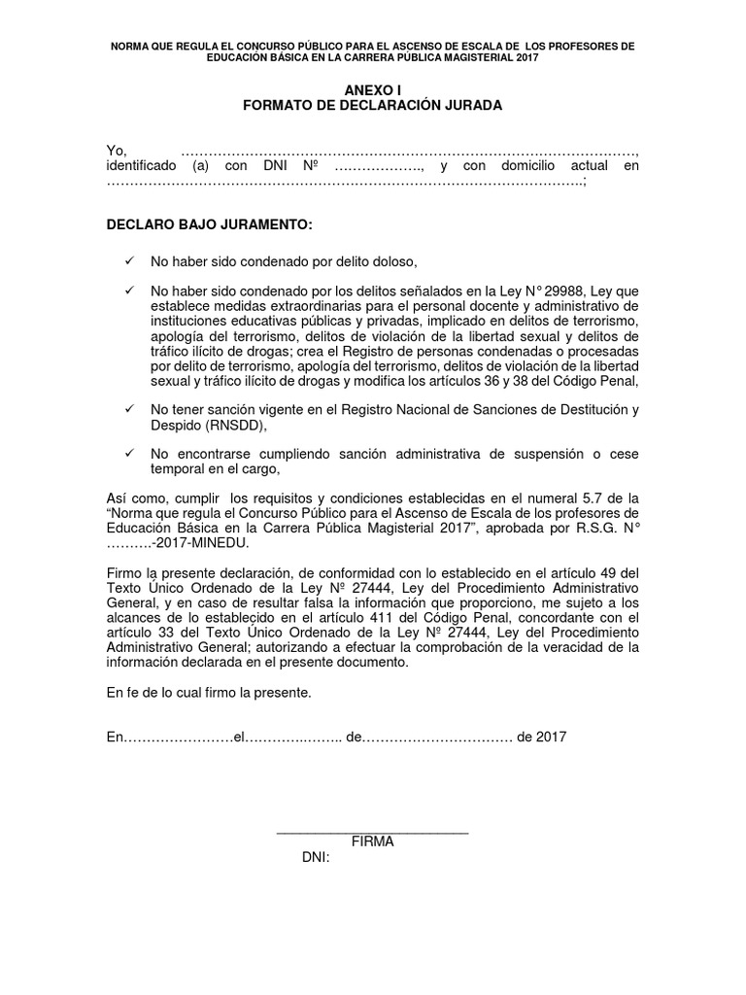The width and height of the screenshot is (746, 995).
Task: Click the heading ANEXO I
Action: pos(372,89)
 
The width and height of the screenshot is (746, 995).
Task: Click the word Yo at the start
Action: pos(116,150)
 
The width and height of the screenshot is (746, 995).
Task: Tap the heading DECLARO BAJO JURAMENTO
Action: pos(209,225)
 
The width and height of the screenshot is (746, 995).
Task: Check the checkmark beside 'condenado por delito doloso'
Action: pos(129,261)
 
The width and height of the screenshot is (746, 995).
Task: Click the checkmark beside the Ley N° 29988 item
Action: pos(129,292)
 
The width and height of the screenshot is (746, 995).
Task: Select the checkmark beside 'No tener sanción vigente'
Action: pos(129,410)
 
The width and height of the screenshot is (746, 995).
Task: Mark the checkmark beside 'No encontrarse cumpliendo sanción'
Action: pos(129,454)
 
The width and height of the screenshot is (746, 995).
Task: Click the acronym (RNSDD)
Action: pos(232,425)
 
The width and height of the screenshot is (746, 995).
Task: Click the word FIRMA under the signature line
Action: pos(372,842)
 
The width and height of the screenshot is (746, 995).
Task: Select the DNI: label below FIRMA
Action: pos(317,858)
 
